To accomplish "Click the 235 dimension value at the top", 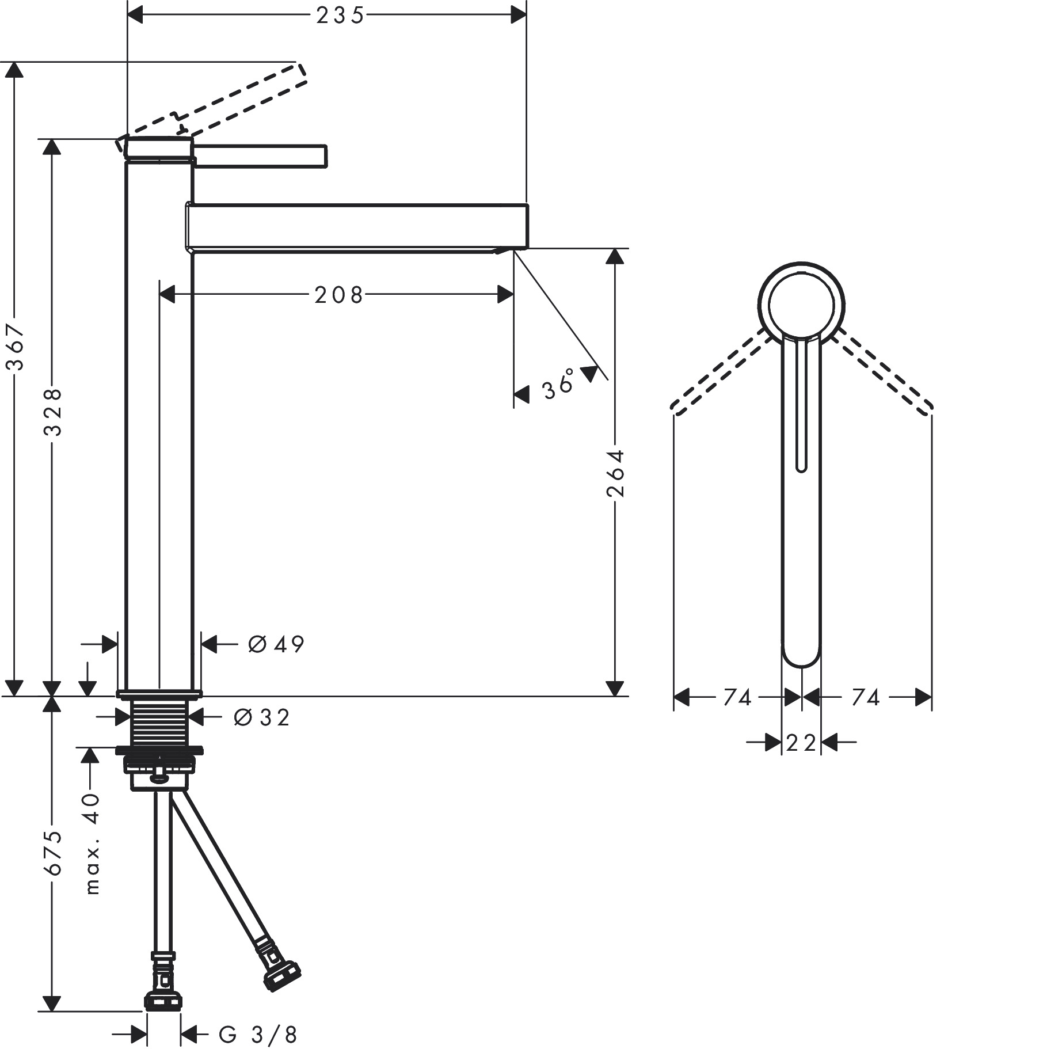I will click(340, 16).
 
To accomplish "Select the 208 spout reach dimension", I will click(339, 295).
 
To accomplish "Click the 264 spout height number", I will click(615, 473).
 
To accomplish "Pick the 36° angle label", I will click(558, 383).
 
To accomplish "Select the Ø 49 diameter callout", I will click(276, 644).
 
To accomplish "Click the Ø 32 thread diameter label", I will click(262, 717).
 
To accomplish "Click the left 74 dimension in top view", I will click(737, 698).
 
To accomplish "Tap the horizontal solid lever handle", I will click(260, 156).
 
